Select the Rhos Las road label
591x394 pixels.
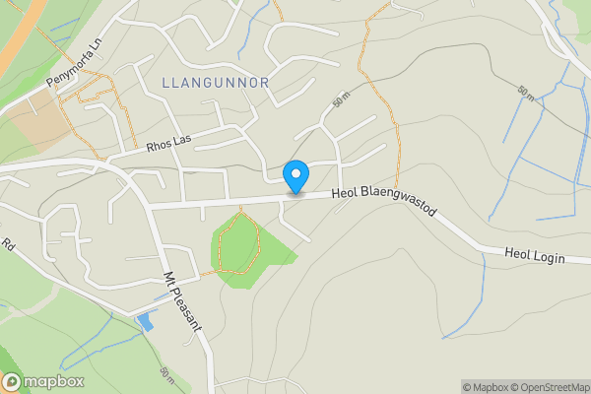click(169, 142)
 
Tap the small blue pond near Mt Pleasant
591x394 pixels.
click(146, 321)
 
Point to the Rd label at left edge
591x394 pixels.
click(7, 244)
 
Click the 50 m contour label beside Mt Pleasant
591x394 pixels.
click(165, 375)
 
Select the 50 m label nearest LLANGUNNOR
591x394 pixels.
click(342, 100)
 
